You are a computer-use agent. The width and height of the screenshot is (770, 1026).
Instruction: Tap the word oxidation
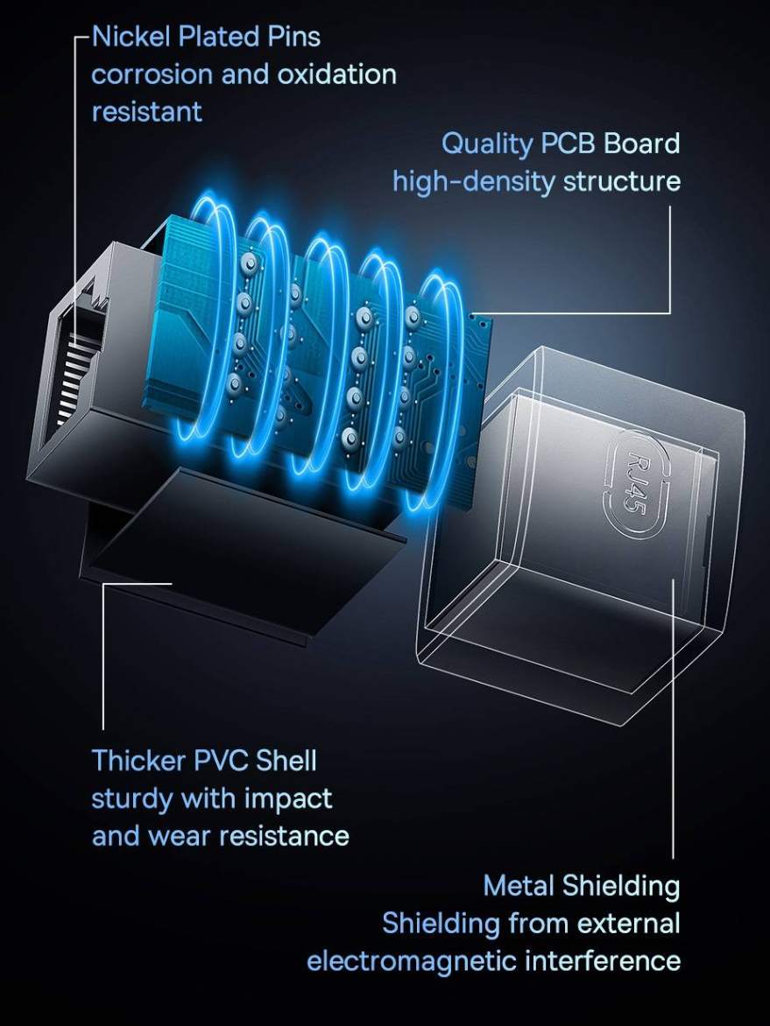tap(336, 74)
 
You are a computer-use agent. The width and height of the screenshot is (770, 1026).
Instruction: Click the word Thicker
tap(138, 761)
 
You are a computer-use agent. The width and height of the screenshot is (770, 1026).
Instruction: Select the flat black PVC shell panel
tap(243, 550)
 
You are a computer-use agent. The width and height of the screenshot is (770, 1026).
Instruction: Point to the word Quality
tap(488, 144)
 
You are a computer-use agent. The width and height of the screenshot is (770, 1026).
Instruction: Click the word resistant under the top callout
tap(146, 113)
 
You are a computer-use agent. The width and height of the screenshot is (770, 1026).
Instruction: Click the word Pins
tap(294, 37)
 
